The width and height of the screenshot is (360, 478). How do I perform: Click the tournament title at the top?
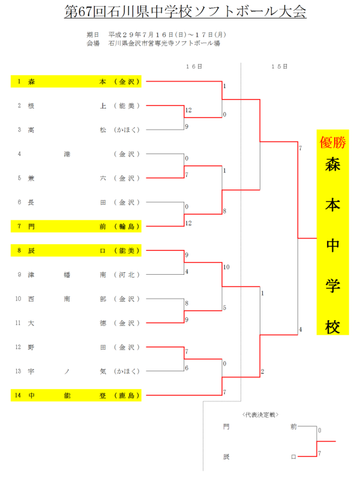point(185,12)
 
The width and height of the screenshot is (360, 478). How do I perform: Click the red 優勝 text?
point(333,143)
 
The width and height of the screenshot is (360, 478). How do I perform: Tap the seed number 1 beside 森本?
point(20,82)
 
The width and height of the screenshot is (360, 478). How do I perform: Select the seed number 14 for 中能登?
point(20,395)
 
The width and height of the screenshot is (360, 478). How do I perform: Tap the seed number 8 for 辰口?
point(20,251)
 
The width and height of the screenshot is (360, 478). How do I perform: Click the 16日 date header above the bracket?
point(194,66)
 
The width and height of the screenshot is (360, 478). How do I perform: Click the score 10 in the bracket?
point(226,267)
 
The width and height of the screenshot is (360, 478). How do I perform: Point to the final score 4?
point(301,329)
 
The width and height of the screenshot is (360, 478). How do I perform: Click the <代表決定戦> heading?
point(260,414)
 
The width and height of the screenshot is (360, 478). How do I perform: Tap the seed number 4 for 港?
point(20,154)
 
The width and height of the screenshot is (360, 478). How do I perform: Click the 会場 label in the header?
point(93,43)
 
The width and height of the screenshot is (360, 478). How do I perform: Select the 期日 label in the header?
point(93,35)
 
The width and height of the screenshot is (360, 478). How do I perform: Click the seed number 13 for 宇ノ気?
point(20,371)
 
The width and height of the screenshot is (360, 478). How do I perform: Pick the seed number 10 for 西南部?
point(20,299)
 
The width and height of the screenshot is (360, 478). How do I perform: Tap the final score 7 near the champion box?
point(300,148)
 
